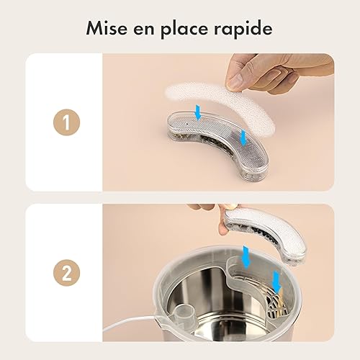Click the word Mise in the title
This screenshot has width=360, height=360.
pos(106,29)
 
